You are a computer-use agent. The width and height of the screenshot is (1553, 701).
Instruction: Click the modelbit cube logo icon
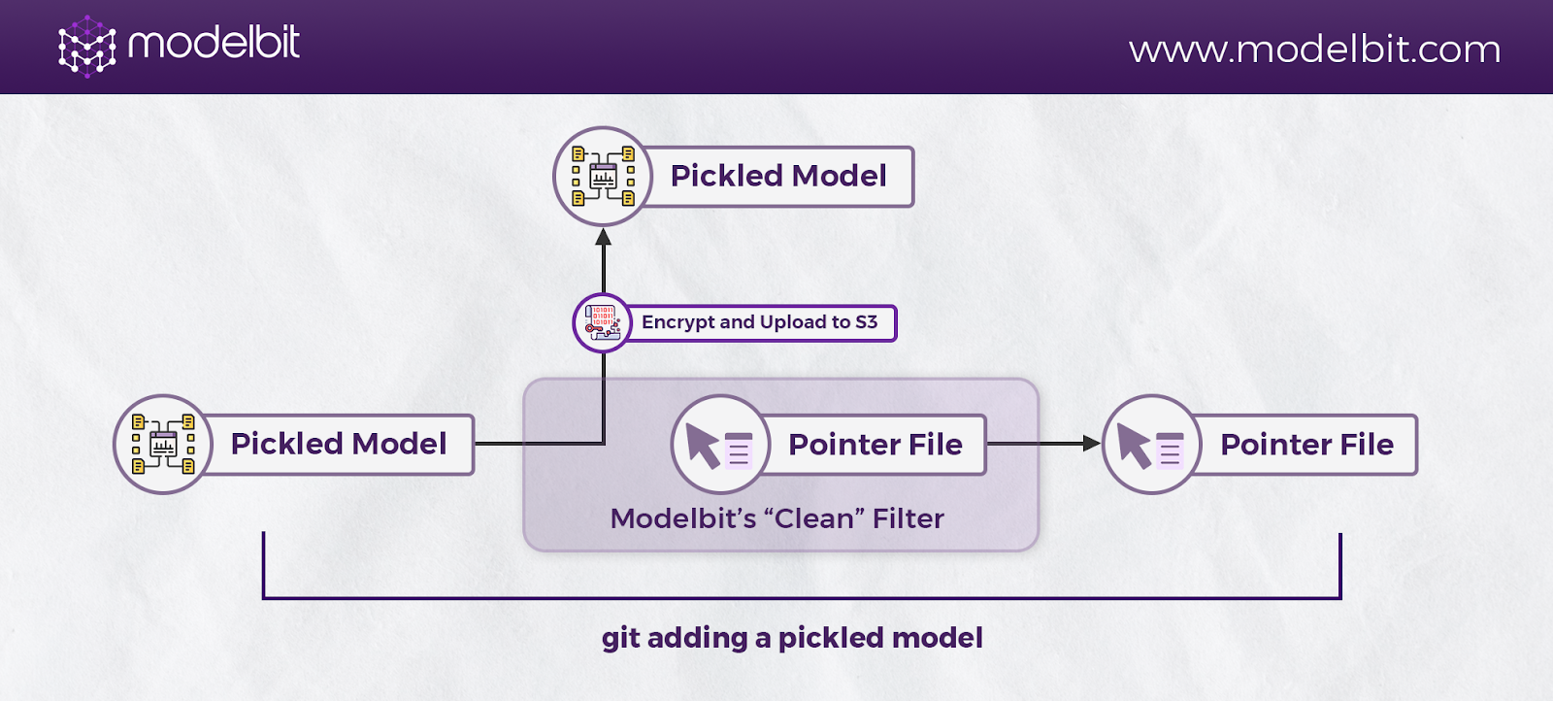pos(86,47)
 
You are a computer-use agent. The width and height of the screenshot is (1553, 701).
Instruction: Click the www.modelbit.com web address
pos(1314,50)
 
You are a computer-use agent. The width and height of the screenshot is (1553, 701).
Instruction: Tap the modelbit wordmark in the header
pos(215,43)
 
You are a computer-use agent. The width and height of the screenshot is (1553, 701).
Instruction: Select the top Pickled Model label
pos(777,176)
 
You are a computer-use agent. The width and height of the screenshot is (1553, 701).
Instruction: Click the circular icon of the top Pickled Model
pos(603,177)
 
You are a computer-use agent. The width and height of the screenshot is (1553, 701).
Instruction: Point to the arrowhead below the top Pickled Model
pos(603,237)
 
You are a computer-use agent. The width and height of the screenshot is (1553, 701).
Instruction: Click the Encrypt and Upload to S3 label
pos(759,322)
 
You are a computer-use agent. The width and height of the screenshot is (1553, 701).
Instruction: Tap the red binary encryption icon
pos(602,323)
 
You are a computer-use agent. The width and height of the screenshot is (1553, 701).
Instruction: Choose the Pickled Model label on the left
pos(339,444)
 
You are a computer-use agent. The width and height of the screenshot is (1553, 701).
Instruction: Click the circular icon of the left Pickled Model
pos(164,445)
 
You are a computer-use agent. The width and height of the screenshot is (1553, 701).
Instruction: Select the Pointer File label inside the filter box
pos(875,445)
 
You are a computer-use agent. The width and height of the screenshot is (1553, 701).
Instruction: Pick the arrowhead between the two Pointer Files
pos(1092,443)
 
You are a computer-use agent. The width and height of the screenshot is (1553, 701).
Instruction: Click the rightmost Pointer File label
pos(1306,445)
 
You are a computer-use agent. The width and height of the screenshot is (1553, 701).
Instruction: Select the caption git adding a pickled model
pos(792,638)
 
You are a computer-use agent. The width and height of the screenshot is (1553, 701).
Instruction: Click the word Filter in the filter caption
pos(909,518)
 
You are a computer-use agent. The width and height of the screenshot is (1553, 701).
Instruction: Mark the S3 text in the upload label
pos(867,321)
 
